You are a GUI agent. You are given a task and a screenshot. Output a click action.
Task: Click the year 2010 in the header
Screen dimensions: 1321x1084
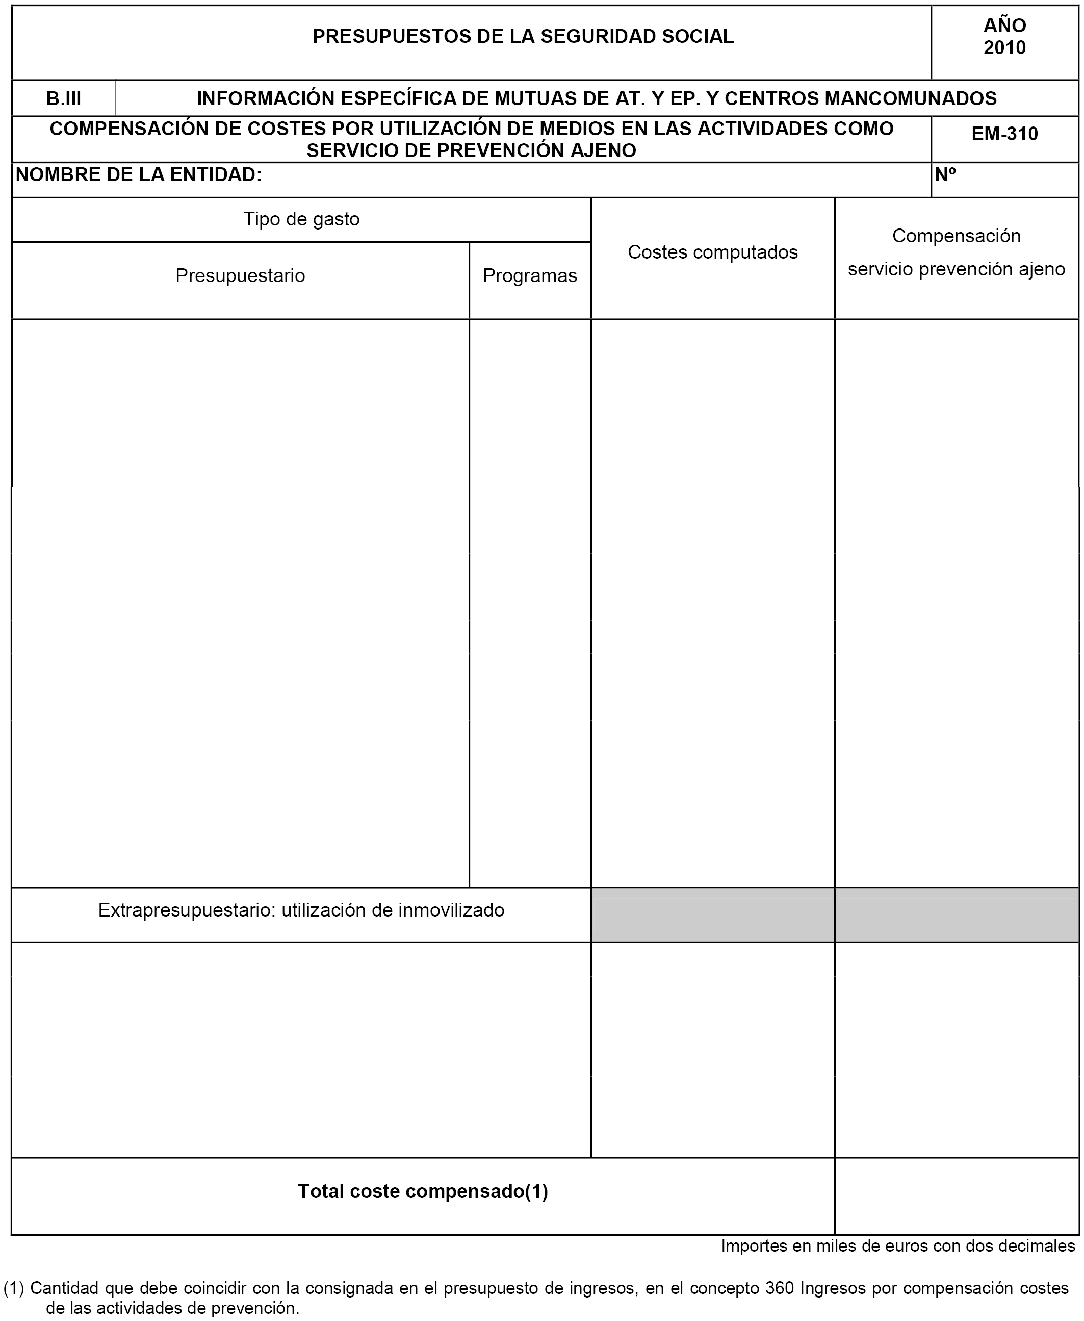click(1004, 48)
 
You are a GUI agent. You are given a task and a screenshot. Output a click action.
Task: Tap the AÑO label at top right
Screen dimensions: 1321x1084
click(1004, 26)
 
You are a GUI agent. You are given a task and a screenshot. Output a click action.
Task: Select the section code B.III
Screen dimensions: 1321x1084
click(64, 98)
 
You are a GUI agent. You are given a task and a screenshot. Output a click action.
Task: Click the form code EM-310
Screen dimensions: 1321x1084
click(1004, 134)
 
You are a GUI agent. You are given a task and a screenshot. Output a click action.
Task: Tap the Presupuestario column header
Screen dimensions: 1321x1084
click(240, 275)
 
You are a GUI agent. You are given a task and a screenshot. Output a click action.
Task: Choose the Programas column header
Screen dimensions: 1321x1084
click(530, 275)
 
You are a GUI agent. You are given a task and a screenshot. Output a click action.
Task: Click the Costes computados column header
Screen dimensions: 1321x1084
click(712, 252)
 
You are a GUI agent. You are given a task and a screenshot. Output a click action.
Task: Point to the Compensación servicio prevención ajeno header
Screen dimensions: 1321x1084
click(956, 252)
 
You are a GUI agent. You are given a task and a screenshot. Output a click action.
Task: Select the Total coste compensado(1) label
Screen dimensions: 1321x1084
click(423, 1191)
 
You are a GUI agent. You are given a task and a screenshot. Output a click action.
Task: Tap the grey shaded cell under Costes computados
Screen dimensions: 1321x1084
click(712, 915)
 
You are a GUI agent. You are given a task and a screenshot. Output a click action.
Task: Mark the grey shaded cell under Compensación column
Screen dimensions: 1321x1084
click(957, 915)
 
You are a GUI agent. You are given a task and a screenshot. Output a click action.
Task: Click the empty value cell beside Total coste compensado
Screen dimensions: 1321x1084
click(957, 1196)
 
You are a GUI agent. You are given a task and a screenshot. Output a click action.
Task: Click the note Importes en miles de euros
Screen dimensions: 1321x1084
click(898, 1246)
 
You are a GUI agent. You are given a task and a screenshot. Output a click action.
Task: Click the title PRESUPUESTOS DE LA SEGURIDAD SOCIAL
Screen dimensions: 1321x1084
click(523, 37)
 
